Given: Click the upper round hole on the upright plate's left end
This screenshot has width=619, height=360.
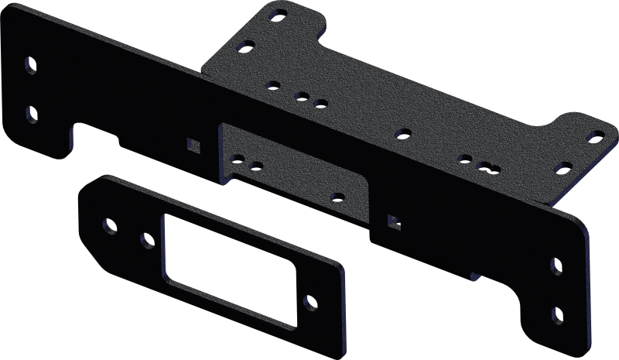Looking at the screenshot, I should point(30,64).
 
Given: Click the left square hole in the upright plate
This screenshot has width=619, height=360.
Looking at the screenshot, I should point(193,145).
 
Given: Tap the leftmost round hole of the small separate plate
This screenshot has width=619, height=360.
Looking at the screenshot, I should point(109,226).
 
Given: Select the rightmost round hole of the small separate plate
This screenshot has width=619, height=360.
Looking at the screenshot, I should point(309,300).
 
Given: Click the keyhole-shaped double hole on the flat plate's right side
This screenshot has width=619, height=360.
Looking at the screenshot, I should point(487,165).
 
